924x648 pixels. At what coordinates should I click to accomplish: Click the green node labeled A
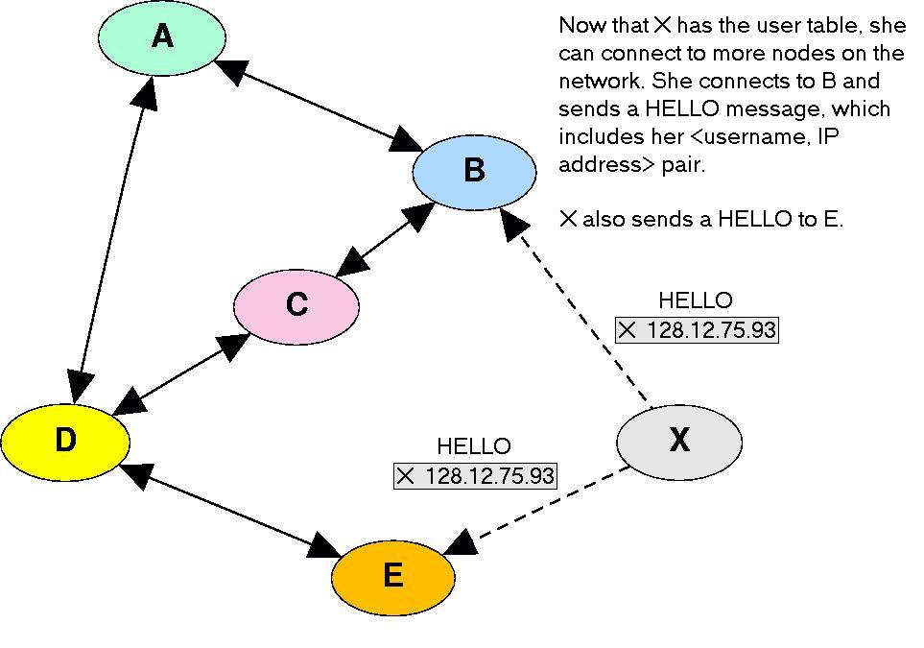(x=162, y=37)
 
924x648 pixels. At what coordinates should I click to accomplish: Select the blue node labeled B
(x=474, y=172)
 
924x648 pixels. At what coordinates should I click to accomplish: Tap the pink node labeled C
(x=296, y=306)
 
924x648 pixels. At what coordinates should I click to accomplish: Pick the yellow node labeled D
(x=65, y=441)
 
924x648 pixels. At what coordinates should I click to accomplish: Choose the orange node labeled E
(x=393, y=577)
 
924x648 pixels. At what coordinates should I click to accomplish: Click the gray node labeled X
(x=679, y=443)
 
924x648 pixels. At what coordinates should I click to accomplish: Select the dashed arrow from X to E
(x=535, y=511)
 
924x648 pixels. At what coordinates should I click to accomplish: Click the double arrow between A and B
(x=319, y=105)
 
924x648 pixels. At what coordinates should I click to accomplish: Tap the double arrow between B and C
(x=385, y=240)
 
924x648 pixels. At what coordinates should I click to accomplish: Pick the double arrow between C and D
(x=181, y=372)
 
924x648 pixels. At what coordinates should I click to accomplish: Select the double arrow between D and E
(x=230, y=510)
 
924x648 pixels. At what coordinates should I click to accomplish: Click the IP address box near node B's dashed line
(x=697, y=329)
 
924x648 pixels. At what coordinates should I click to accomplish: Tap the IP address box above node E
(x=474, y=476)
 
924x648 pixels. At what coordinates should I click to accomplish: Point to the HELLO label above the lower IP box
(x=474, y=446)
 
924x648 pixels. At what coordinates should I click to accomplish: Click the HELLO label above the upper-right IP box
(x=696, y=300)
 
